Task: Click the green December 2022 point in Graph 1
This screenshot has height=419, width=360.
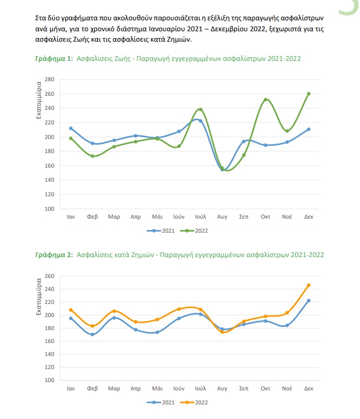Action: pyautogui.click(x=308, y=94)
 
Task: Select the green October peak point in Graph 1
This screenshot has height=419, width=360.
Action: pyautogui.click(x=265, y=99)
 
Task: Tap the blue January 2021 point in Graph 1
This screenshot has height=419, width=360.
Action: pyautogui.click(x=71, y=128)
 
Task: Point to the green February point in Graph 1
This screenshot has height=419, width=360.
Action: pyautogui.click(x=92, y=156)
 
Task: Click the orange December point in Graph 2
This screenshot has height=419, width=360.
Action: pyautogui.click(x=308, y=285)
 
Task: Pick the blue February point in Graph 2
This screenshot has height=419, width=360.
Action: pyautogui.click(x=92, y=334)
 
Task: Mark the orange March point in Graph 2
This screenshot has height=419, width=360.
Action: pyautogui.click(x=114, y=311)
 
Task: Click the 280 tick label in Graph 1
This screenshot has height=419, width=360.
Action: pyautogui.click(x=49, y=79)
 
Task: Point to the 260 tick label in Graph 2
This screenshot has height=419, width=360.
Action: pyautogui.click(x=49, y=276)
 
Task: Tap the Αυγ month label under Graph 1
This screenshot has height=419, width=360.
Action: pyautogui.click(x=222, y=217)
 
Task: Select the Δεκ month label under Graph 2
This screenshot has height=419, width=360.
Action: pyautogui.click(x=308, y=388)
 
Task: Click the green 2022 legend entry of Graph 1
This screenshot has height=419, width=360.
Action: pyautogui.click(x=194, y=231)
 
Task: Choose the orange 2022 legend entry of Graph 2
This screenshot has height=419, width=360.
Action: pyautogui.click(x=194, y=402)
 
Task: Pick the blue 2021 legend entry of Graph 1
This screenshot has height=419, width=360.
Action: pyautogui.click(x=160, y=231)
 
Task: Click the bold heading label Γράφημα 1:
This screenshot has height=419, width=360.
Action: pyautogui.click(x=54, y=58)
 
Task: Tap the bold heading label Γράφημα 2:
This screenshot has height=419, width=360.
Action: pyautogui.click(x=54, y=255)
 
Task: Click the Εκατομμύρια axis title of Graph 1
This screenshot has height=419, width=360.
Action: pyautogui.click(x=39, y=100)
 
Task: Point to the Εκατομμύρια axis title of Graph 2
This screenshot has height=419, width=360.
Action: pyautogui.click(x=39, y=297)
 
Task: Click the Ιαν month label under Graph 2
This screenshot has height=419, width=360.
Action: pyautogui.click(x=71, y=388)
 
